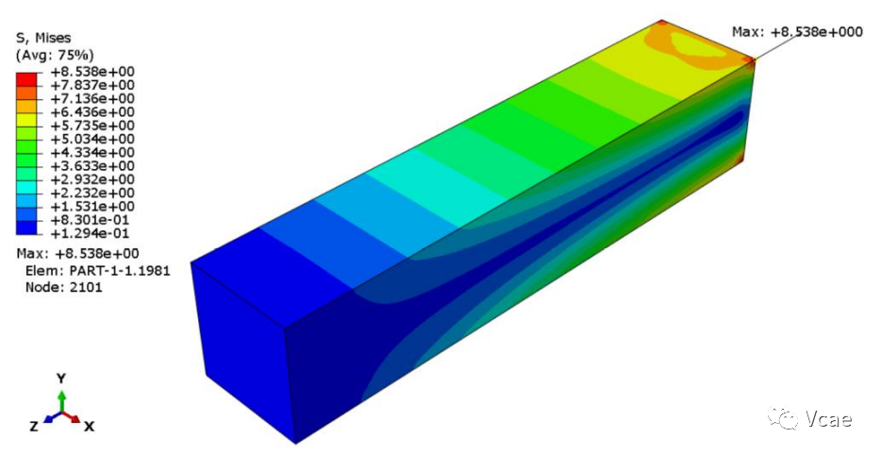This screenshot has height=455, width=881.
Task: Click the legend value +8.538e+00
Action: point(92,72)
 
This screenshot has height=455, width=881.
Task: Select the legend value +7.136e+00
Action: point(92,99)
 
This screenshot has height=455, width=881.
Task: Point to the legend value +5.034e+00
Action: point(92,139)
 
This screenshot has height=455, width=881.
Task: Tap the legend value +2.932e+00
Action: point(92,179)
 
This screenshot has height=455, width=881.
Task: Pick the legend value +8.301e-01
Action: point(90,220)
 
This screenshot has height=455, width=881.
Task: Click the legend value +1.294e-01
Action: point(90,233)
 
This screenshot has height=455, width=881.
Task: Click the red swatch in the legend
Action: point(26,78)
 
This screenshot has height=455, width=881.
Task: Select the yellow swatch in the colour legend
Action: point(26,119)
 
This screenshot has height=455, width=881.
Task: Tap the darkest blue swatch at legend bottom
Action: point(26,227)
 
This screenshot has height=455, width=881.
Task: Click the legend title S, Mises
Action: point(43,39)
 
